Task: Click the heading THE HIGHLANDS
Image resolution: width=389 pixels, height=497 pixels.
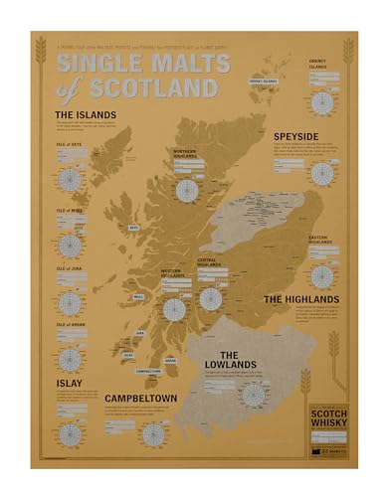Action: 300,298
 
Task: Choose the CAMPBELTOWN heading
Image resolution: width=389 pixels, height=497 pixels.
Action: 147,401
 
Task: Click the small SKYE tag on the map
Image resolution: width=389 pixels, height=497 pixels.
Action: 133,226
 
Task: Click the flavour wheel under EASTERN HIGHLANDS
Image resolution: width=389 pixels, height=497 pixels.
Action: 320,275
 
